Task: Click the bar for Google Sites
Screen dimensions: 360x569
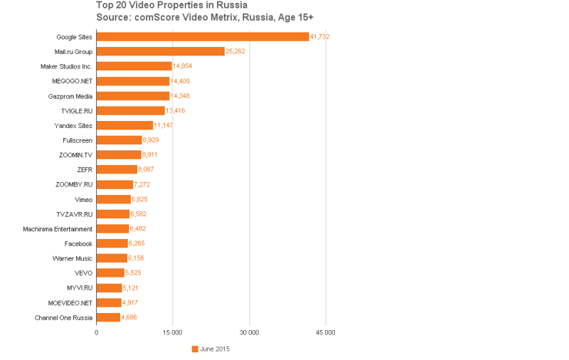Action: click(203, 36)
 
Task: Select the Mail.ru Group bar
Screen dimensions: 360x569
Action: click(160, 51)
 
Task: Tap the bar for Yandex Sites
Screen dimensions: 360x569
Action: click(124, 125)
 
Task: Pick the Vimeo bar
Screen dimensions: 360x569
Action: click(114, 199)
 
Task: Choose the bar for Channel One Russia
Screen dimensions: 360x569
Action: click(108, 317)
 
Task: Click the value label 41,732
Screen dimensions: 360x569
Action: click(320, 36)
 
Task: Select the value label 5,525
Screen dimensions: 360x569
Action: click(134, 273)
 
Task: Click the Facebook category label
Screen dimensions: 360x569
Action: click(78, 243)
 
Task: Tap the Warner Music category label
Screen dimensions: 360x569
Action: click(73, 258)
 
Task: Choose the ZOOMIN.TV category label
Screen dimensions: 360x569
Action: click(76, 155)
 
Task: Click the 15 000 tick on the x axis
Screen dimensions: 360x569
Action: click(173, 332)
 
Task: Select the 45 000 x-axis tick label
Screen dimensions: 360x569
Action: click(325, 332)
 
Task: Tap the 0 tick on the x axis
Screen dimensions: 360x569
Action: click(97, 332)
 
